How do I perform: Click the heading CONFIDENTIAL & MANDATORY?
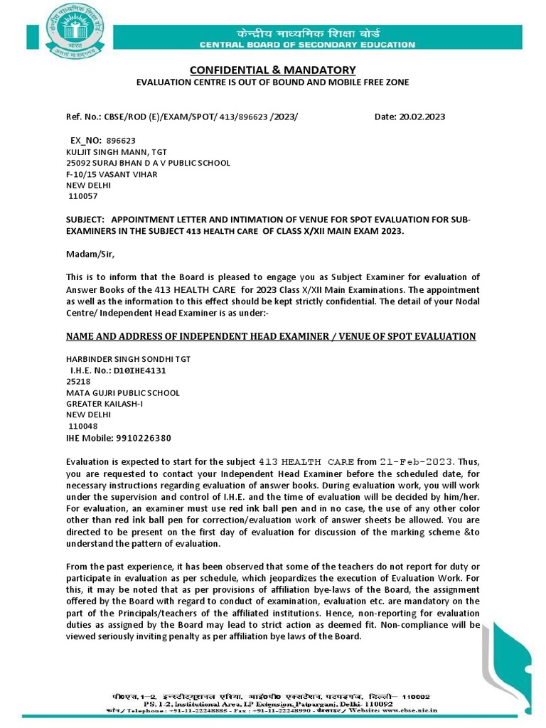[272, 70]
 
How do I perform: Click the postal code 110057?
[82, 196]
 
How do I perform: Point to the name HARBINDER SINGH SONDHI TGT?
[128, 358]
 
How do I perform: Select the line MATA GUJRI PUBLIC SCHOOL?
[123, 392]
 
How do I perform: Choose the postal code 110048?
[82, 426]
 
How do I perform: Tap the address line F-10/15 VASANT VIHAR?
[112, 173]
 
